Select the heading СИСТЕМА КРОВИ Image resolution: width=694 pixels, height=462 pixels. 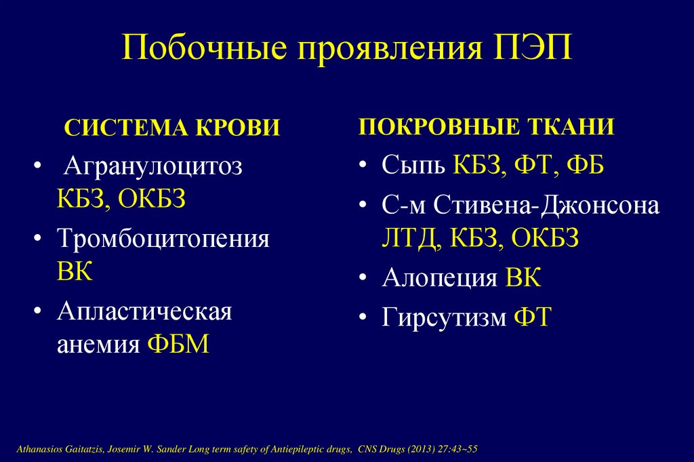pos(172,128)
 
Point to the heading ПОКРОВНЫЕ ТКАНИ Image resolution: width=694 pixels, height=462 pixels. pos(487,127)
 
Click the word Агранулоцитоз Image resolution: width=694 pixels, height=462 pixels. pos(150,167)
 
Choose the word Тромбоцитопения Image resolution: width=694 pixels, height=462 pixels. pos(163,239)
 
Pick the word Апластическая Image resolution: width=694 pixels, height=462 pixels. pos(144,312)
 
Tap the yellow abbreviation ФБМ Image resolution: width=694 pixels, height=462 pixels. pos(178,345)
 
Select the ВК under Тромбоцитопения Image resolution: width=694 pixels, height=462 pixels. pos(75,272)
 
